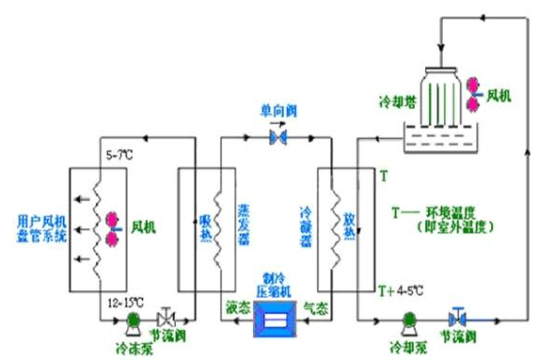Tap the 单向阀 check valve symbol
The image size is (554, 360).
(277, 138)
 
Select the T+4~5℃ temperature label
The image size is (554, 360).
(400, 289)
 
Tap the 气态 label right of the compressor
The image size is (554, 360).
(315, 306)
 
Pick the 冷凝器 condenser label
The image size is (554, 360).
(304, 226)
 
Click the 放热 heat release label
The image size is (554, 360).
(347, 226)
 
